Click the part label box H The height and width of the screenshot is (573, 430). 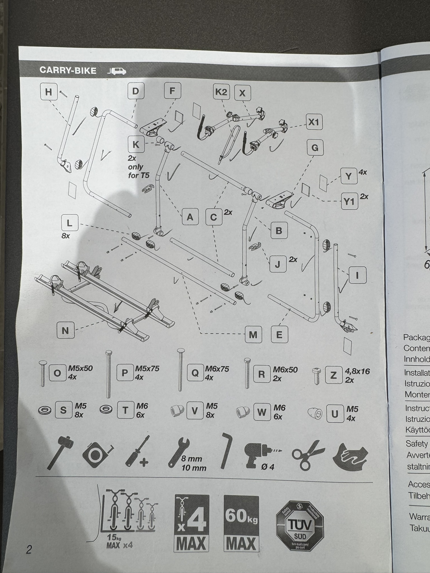pyautogui.click(x=49, y=92)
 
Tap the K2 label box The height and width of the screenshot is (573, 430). pyautogui.click(x=221, y=92)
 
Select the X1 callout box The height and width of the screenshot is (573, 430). pyautogui.click(x=314, y=122)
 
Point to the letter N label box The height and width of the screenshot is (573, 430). pyautogui.click(x=65, y=330)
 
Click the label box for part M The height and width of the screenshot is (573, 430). pyautogui.click(x=253, y=335)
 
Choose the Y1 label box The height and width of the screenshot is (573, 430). pyautogui.click(x=349, y=201)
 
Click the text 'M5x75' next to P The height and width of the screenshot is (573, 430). pyautogui.click(x=147, y=368)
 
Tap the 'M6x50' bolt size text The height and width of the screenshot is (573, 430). pyautogui.click(x=285, y=370)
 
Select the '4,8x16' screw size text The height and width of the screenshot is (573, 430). pyautogui.click(x=357, y=371)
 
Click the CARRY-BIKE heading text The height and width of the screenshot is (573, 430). pyautogui.click(x=68, y=71)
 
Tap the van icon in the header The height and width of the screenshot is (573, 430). pyautogui.click(x=117, y=71)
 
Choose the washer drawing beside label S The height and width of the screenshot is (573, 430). pyautogui.click(x=45, y=410)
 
